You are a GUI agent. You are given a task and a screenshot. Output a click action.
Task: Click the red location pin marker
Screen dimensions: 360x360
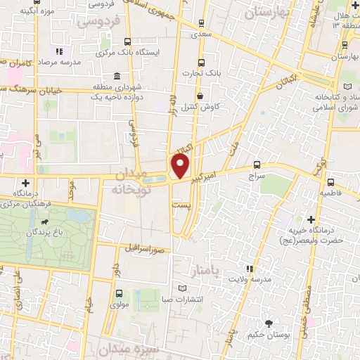pyautogui.click(x=181, y=167)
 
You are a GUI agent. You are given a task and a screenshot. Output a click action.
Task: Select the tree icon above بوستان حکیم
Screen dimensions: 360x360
pyautogui.click(x=269, y=323)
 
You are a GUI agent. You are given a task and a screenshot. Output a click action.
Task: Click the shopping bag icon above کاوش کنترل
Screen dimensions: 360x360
pyautogui.click(x=200, y=96)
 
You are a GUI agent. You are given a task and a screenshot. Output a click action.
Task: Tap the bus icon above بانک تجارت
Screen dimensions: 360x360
pyautogui.click(x=202, y=63)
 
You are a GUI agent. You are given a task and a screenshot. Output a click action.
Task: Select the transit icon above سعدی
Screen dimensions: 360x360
pyautogui.click(x=202, y=23)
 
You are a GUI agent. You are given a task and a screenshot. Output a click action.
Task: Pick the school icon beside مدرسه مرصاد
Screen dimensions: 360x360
pyautogui.click(x=60, y=51)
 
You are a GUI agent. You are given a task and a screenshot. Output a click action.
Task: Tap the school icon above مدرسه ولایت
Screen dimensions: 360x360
pyautogui.click(x=249, y=268)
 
